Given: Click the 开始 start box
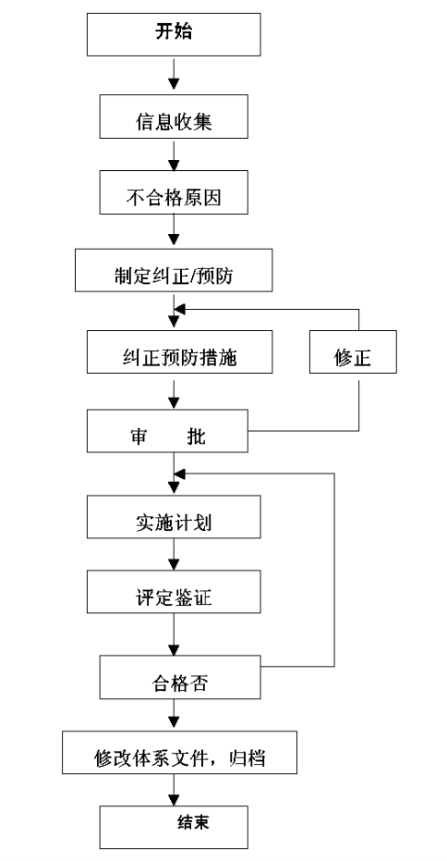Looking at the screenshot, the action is pyautogui.click(x=174, y=34).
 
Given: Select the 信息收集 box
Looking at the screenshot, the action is pyautogui.click(x=174, y=117).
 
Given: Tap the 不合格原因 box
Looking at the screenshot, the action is pyautogui.click(x=174, y=192).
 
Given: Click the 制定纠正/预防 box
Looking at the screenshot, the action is pyautogui.click(x=174, y=270).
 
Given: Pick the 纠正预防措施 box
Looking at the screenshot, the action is pyautogui.click(x=179, y=352).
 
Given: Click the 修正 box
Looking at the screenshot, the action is pyautogui.click(x=353, y=352).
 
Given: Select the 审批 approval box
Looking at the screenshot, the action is pyautogui.click(x=167, y=431).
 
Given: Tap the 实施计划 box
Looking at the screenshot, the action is pyautogui.click(x=174, y=516).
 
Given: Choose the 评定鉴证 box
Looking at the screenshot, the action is pyautogui.click(x=174, y=591).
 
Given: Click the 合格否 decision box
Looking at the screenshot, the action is pyautogui.click(x=180, y=677).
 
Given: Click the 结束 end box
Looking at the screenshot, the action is pyautogui.click(x=174, y=827).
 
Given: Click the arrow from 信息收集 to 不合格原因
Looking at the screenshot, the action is pyautogui.click(x=174, y=155).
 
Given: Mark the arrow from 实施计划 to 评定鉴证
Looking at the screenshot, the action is pyautogui.click(x=174, y=554).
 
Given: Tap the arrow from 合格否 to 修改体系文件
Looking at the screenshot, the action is pyautogui.click(x=174, y=714).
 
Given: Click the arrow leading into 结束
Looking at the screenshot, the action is pyautogui.click(x=174, y=790).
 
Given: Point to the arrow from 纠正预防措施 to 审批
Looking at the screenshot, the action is pyautogui.click(x=174, y=391).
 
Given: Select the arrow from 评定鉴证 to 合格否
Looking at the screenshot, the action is pyautogui.click(x=174, y=634).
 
